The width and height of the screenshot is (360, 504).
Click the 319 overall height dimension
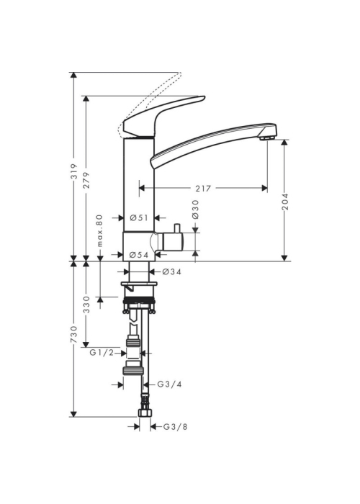[74, 171]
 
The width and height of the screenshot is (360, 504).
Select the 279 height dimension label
[86, 180]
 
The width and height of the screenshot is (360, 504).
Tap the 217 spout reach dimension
[203, 189]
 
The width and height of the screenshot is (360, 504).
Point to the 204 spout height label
[285, 202]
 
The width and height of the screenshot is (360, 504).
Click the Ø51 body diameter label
[139, 217]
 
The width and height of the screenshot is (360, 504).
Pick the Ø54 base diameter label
[139, 255]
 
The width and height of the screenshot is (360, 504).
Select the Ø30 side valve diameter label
[195, 210]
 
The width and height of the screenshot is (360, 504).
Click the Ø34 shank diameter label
[172, 272]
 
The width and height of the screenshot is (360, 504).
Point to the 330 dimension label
[86, 305]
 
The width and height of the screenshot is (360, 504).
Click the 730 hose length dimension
[74, 334]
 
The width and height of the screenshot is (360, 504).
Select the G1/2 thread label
[102, 353]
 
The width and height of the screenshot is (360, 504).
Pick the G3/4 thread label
[169, 384]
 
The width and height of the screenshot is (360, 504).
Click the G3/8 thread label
[175, 427]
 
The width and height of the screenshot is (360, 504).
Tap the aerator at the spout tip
[266, 138]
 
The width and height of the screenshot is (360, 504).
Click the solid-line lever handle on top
[163, 117]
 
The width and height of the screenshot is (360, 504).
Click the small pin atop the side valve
[176, 228]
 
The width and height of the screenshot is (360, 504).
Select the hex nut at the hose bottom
[145, 413]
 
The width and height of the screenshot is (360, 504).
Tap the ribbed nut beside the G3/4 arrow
[132, 372]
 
